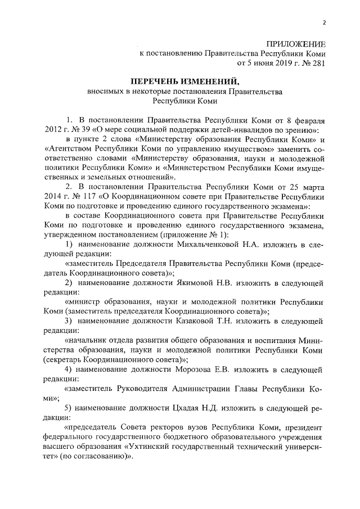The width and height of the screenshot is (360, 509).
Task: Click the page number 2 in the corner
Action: tap(325, 22)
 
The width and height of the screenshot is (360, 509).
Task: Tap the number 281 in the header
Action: tap(317, 63)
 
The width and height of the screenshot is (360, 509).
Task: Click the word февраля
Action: tap(307, 120)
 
